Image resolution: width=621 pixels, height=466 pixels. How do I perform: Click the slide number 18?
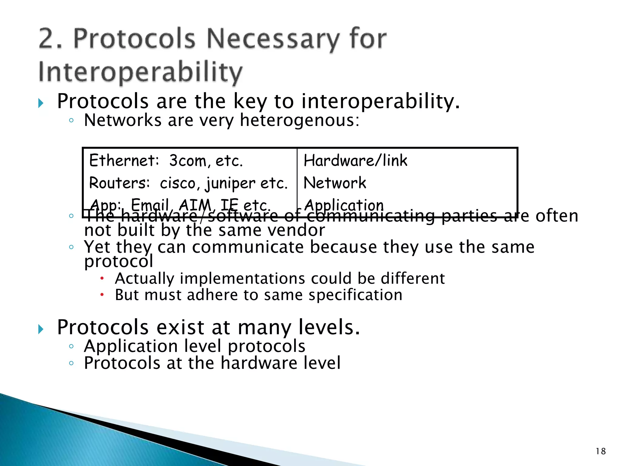(x=600, y=451)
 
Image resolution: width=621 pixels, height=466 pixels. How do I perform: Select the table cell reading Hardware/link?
(x=355, y=160)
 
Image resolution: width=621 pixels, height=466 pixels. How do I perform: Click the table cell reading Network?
(x=335, y=183)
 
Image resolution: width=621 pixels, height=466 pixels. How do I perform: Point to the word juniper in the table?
(x=230, y=184)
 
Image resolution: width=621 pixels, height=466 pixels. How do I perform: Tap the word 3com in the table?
(x=187, y=161)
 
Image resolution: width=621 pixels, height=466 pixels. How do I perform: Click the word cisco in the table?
(x=177, y=183)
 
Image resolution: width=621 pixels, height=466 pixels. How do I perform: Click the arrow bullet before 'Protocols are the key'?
(x=41, y=103)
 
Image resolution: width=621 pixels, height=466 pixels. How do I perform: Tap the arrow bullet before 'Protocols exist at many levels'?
(x=41, y=329)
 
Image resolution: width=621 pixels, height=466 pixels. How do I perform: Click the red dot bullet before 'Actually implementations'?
(x=102, y=278)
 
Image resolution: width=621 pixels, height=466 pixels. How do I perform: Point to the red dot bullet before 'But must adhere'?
(x=102, y=295)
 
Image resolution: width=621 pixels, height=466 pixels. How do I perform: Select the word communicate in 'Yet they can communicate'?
(x=247, y=247)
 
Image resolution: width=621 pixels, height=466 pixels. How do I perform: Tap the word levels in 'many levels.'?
(x=329, y=327)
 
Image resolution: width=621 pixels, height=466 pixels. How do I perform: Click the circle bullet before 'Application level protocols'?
(x=71, y=346)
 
